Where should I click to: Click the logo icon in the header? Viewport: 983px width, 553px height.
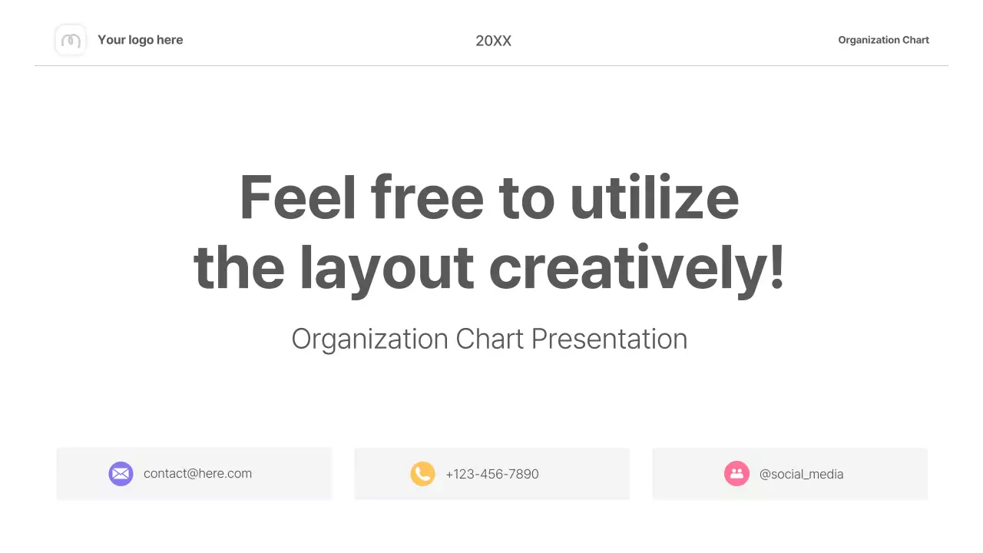71,40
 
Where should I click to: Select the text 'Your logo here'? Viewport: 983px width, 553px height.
140,40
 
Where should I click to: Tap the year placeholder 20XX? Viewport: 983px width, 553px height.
493,41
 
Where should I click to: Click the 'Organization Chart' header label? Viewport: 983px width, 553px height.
883,40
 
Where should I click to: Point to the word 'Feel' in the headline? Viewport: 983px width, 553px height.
298,197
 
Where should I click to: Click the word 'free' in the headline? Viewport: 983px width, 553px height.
427,197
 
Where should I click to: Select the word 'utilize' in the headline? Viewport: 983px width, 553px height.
654,197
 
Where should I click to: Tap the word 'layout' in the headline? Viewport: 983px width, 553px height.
386,268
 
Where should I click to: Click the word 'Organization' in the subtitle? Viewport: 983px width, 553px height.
369,339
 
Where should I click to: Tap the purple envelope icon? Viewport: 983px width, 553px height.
121,474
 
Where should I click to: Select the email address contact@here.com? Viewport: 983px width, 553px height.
197,474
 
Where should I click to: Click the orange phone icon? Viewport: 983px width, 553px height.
422,474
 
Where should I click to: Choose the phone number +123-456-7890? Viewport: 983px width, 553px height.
492,474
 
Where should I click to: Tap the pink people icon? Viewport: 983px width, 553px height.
736,474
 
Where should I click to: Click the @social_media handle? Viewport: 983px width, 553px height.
801,474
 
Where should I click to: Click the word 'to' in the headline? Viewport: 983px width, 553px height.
527,197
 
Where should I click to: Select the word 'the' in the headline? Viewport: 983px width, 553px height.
239,268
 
